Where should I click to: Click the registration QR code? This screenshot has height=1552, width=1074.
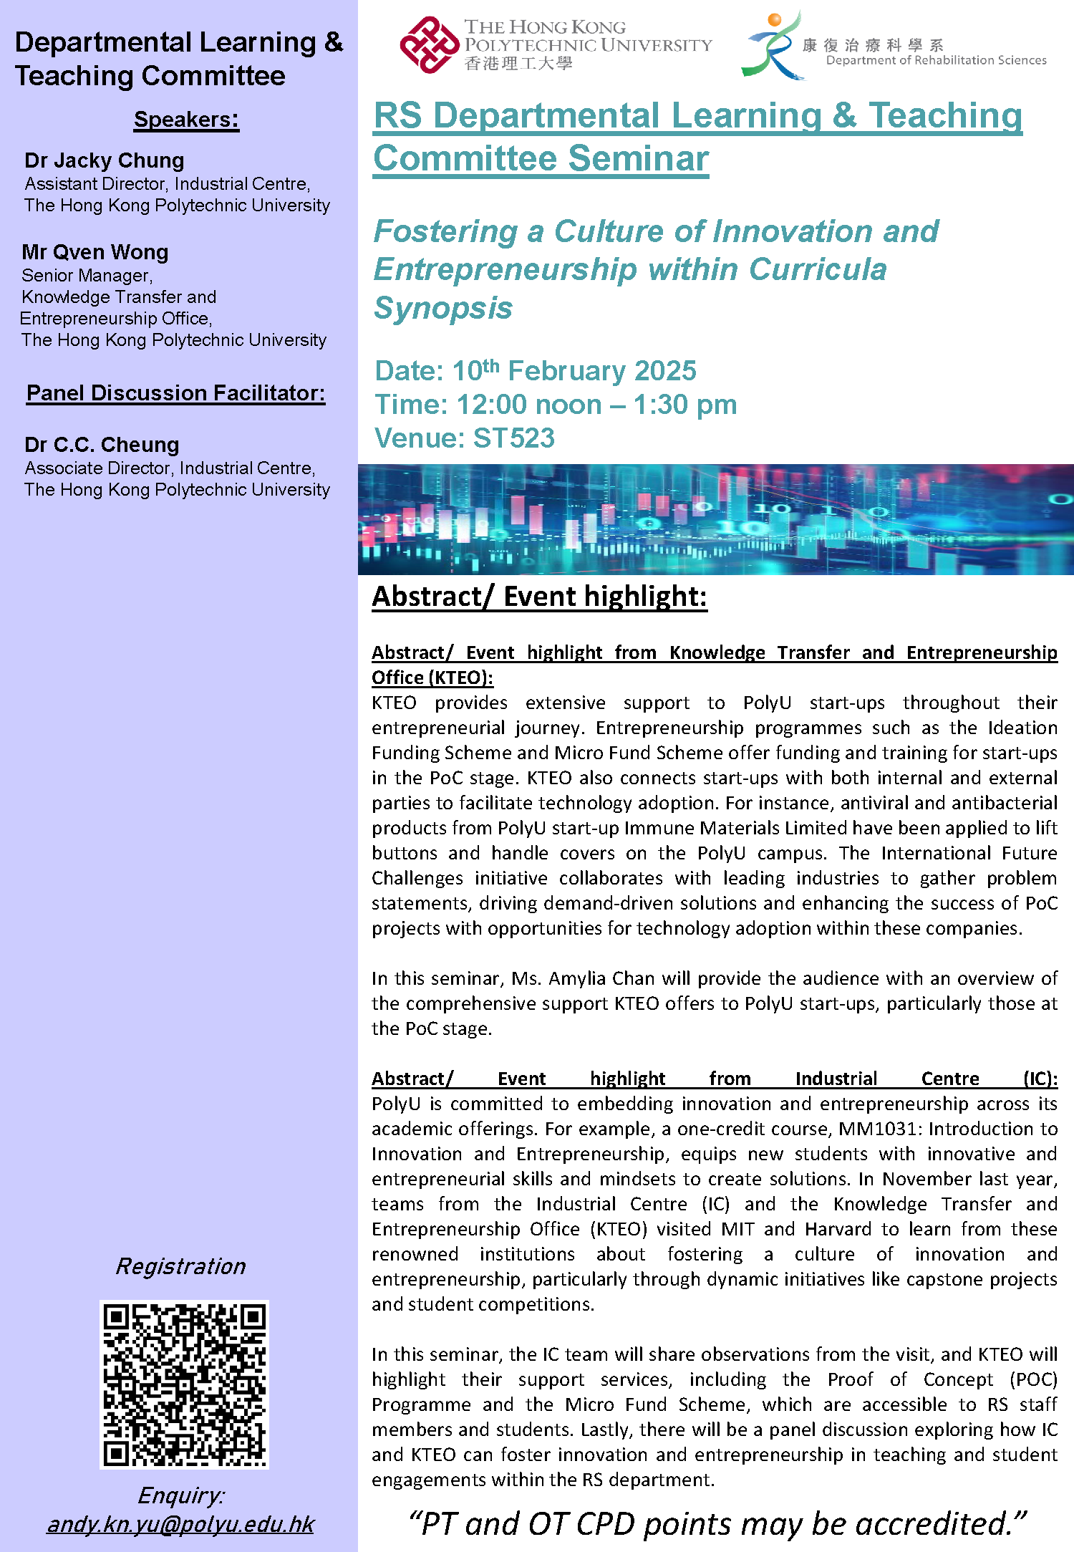coord(184,1384)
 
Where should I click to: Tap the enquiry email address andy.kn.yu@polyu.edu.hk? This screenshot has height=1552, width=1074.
coord(180,1524)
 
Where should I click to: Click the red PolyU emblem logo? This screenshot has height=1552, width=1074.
coord(428,44)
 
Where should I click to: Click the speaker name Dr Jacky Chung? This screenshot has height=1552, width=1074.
coord(105,160)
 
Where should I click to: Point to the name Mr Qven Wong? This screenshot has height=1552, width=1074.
coord(95,252)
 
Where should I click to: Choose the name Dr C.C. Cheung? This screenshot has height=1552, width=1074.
coord(102,445)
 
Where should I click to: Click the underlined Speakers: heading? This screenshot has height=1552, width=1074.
coord(186,119)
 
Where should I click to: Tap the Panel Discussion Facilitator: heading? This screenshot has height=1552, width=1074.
coord(175,393)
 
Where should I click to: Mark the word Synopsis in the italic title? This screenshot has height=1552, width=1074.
coord(443,308)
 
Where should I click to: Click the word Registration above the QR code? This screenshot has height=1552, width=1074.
coord(180,1266)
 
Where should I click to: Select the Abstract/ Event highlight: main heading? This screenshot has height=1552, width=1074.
coord(539,597)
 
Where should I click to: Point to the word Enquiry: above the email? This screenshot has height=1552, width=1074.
coord(180,1495)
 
